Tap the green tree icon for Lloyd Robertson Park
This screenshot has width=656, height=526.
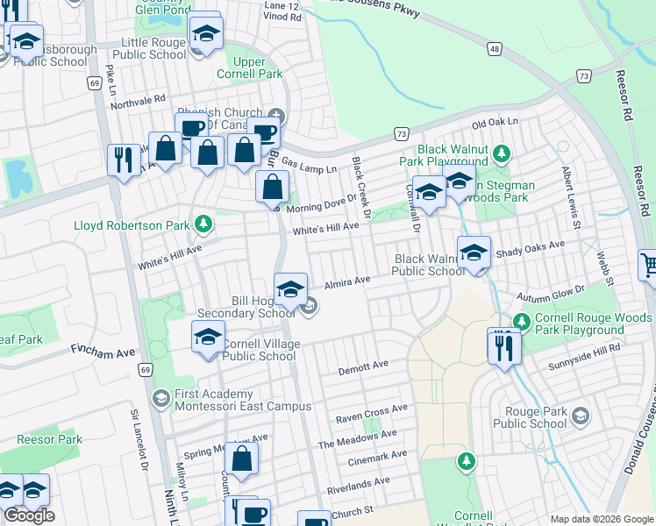pyautogui.click(x=203, y=225)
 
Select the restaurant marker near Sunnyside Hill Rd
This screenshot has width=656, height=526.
pyautogui.click(x=504, y=347)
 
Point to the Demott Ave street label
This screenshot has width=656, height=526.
pyautogui.click(x=363, y=366)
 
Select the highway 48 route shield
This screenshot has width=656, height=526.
pyautogui.click(x=496, y=49)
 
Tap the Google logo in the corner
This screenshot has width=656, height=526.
pyautogui.click(x=30, y=516)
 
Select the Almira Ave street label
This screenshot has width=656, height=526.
pyautogui.click(x=348, y=283)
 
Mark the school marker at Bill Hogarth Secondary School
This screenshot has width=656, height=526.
pyautogui.click(x=291, y=288)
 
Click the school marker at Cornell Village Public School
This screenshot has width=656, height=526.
pyautogui.click(x=208, y=337)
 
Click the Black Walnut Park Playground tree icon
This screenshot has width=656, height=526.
pyautogui.click(x=501, y=155)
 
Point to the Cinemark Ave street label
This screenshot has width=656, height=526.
pyautogui.click(x=376, y=456)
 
